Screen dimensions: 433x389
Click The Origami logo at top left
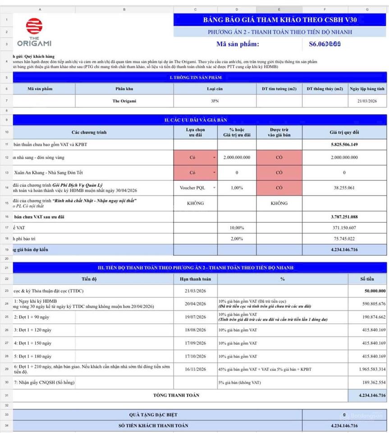point(34,32)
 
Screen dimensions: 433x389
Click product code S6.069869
point(325,44)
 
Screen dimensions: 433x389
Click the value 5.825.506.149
point(344,144)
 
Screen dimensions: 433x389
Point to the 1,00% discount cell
point(237,188)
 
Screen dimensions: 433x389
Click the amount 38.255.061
point(344,188)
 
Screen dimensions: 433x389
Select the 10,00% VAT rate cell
point(237,228)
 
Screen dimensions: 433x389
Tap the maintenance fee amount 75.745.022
point(344,239)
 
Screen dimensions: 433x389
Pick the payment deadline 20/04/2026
point(195,304)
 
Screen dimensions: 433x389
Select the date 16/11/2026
point(195,369)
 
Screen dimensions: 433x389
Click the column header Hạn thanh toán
point(195,279)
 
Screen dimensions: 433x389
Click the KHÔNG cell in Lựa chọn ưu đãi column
point(195,203)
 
